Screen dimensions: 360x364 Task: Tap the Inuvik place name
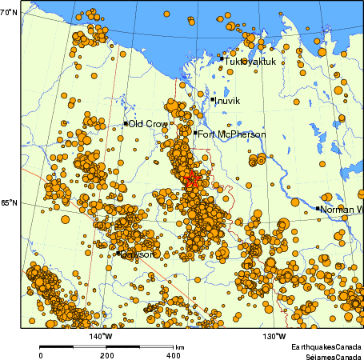point(228,101)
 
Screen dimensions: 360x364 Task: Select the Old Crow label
point(147,124)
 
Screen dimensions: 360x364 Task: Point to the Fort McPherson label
point(231,134)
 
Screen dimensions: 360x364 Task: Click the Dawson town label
point(137,254)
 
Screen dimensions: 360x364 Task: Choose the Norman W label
point(342,210)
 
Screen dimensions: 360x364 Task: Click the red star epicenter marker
point(191,182)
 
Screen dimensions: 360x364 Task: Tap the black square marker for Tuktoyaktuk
point(222,58)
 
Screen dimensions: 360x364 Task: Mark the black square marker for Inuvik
point(213,100)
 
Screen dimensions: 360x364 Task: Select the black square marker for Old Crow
point(126,123)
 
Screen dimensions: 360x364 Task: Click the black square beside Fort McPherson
point(195,133)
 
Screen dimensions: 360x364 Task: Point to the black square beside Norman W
point(318,209)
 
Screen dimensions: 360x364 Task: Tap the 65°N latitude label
point(9,203)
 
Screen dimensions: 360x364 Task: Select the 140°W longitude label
point(100,335)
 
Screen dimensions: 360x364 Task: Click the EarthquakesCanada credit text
point(326,346)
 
